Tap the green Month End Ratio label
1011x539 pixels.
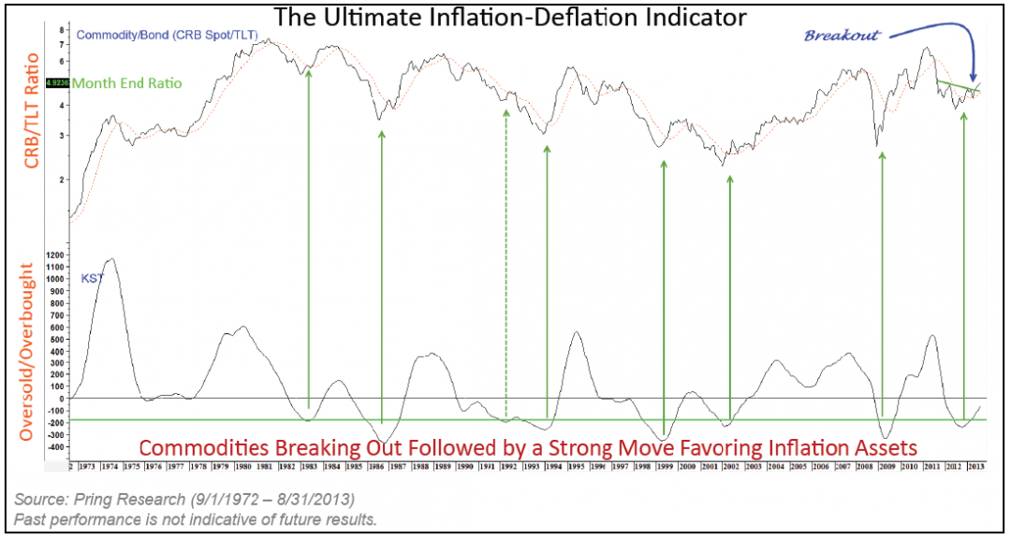click(126, 83)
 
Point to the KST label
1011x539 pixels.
click(91, 278)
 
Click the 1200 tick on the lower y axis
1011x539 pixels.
click(55, 255)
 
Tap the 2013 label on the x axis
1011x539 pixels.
click(974, 464)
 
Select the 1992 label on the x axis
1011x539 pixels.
click(510, 464)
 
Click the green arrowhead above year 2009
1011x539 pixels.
click(882, 157)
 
